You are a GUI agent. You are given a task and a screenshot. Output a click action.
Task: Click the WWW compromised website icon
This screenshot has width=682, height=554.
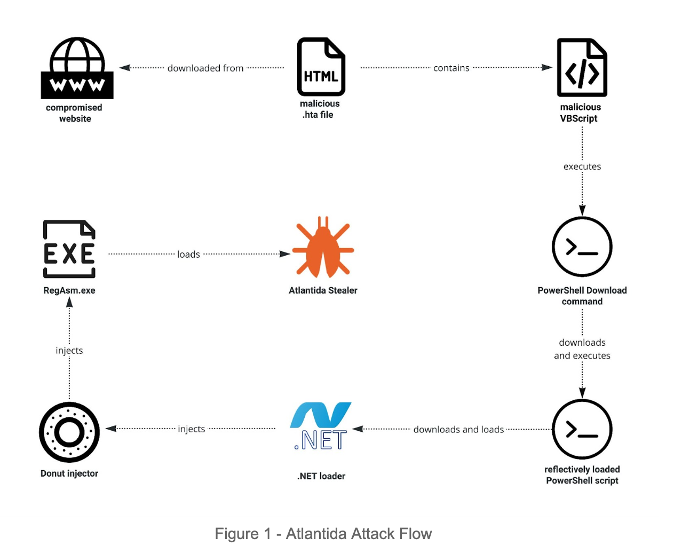click(x=77, y=68)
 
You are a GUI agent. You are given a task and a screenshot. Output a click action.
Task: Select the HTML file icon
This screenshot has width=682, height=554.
click(x=321, y=67)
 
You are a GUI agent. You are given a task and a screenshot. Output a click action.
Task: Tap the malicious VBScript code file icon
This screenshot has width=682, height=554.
click(x=582, y=67)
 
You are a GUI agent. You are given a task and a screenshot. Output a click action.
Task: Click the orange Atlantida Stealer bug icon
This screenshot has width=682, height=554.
click(x=323, y=247)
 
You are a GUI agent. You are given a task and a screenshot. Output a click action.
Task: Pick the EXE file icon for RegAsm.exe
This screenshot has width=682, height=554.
click(x=69, y=249)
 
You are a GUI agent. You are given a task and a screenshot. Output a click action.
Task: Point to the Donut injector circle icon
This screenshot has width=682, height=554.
click(x=69, y=432)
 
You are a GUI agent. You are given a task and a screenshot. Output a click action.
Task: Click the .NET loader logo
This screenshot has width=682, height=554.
click(x=321, y=426)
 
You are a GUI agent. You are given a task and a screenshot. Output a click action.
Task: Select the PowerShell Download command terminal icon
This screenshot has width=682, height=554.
click(x=582, y=247)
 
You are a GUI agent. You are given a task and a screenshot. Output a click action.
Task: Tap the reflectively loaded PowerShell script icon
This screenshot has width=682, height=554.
click(x=582, y=429)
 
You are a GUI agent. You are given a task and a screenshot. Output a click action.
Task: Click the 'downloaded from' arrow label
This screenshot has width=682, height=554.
click(x=205, y=68)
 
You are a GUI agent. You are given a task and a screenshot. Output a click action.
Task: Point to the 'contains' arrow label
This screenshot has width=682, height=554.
click(x=451, y=68)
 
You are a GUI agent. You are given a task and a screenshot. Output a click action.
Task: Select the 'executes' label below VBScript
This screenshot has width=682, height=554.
click(x=582, y=167)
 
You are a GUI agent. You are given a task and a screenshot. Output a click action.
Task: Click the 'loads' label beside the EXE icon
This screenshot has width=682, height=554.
click(x=188, y=255)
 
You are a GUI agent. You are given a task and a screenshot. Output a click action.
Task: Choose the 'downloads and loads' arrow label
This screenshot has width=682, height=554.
click(x=458, y=430)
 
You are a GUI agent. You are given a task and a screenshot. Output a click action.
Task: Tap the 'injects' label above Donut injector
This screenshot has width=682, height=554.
click(x=69, y=351)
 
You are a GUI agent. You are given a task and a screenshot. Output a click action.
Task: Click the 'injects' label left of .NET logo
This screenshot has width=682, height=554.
click(x=191, y=429)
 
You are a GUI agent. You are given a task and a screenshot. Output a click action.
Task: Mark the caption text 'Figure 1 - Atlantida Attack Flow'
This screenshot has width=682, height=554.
click(x=323, y=534)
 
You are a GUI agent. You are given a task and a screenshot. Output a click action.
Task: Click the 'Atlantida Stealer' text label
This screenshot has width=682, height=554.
click(x=323, y=290)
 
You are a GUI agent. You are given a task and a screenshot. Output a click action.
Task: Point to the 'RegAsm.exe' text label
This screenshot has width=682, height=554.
click(x=69, y=290)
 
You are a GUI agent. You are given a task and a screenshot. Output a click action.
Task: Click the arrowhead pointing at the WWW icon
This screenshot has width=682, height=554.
click(x=125, y=68)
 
